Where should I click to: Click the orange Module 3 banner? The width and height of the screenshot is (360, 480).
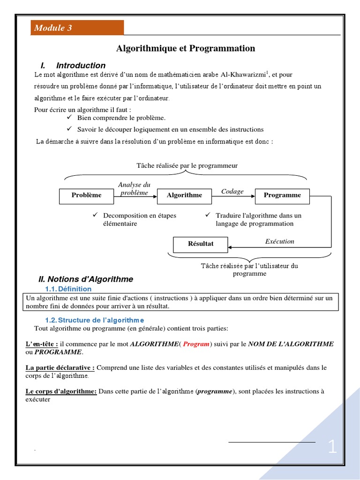pos(77,28)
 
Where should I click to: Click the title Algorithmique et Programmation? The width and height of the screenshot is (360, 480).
pos(186,49)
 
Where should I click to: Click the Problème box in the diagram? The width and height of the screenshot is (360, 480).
pos(86,195)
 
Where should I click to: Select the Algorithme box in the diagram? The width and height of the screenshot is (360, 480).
pos(185,195)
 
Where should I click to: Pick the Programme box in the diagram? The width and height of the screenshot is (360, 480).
pos(282,195)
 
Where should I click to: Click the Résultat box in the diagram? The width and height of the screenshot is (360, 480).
pos(201,244)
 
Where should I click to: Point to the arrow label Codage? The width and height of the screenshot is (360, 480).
pos(232,192)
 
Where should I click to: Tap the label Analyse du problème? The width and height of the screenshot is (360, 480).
pos(134,189)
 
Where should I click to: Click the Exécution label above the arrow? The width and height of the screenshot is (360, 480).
pos(280,241)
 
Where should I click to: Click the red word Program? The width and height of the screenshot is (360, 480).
pos(196,344)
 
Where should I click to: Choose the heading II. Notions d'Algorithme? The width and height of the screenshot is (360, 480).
pos(86,279)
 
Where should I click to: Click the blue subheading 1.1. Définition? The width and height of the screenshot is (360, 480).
pos(68,289)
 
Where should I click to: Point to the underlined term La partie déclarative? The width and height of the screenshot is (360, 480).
pos(60,368)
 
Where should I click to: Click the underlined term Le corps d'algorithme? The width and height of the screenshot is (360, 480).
pos(61,391)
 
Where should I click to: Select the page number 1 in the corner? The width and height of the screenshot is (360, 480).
pos(332,447)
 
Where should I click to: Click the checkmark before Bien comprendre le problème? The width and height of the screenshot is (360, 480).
pos(68,117)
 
